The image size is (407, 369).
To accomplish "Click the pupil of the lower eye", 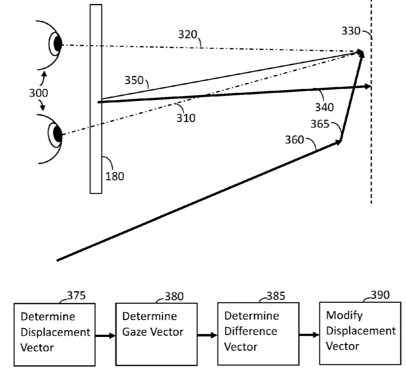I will pyautogui.click(x=58, y=135).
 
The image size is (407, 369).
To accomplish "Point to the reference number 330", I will pyautogui.click(x=351, y=32).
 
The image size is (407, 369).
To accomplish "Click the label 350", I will pyautogui.click(x=134, y=80).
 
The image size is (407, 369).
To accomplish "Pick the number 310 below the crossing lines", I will pyautogui.click(x=186, y=118).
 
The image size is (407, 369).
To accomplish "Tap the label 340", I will pyautogui.click(x=324, y=108).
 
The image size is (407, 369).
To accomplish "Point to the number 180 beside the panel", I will pyautogui.click(x=115, y=176).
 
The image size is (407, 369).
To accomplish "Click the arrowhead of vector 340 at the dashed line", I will pyautogui.click(x=368, y=87).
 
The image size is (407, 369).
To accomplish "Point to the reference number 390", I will pyautogui.click(x=380, y=295).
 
